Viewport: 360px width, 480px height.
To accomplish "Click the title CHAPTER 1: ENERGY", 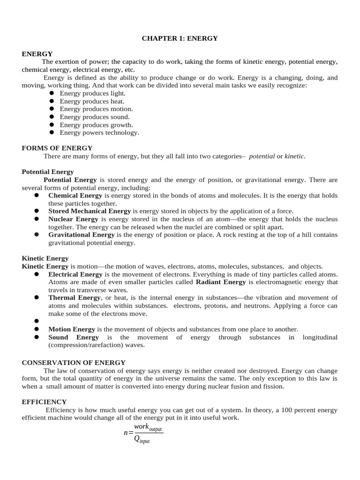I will pos(180,38).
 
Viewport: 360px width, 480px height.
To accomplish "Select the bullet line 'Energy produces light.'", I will pos(92,93).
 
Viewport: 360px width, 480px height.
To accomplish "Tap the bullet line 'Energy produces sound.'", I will pos(95,117).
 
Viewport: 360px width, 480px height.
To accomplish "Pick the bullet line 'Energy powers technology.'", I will pos(99,133).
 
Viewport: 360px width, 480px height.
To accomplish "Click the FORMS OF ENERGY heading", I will pos(57,148).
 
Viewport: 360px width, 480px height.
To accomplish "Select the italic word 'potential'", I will pos(262,156).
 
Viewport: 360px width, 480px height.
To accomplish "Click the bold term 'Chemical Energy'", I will pos(75,195).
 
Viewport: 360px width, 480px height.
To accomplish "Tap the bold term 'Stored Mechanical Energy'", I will pos(90,211).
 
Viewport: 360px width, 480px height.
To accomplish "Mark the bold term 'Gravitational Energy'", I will pos(82,235).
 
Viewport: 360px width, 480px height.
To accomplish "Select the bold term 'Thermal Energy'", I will pos(75,298).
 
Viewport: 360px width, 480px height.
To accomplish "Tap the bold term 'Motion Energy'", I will pos(72,330).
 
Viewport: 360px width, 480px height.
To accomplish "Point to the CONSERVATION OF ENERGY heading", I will pos(74,362).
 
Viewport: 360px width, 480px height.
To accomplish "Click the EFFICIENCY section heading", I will pos(44,402).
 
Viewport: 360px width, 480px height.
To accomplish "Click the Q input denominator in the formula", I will pos(142,439).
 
